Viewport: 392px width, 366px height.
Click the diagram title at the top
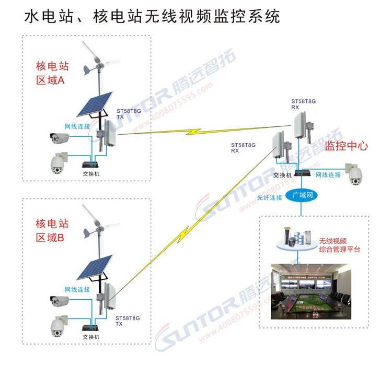(x=152, y=17)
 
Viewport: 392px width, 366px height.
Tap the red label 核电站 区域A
(x=52, y=73)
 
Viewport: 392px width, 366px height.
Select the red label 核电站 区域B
(x=52, y=231)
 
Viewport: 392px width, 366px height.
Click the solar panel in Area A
(x=95, y=104)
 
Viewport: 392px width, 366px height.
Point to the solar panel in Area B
(x=95, y=267)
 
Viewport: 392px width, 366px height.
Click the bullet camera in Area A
(x=59, y=138)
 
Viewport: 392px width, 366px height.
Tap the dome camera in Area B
(x=59, y=326)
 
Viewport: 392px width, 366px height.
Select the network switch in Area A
(x=90, y=164)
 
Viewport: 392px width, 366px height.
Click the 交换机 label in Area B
(x=91, y=337)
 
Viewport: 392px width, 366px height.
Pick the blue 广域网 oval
(x=301, y=195)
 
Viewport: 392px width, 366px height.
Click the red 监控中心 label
(x=346, y=146)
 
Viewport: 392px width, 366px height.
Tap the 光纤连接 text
(x=270, y=198)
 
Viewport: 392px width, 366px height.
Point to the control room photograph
(x=311, y=291)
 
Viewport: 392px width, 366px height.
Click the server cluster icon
(x=297, y=239)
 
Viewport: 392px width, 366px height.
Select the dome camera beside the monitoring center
(x=354, y=174)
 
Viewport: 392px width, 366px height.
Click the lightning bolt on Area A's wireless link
(x=193, y=132)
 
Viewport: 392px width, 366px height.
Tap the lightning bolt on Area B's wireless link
(x=183, y=234)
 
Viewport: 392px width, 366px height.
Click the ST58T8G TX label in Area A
(x=129, y=114)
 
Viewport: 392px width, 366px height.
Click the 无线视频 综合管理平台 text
(x=340, y=245)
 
